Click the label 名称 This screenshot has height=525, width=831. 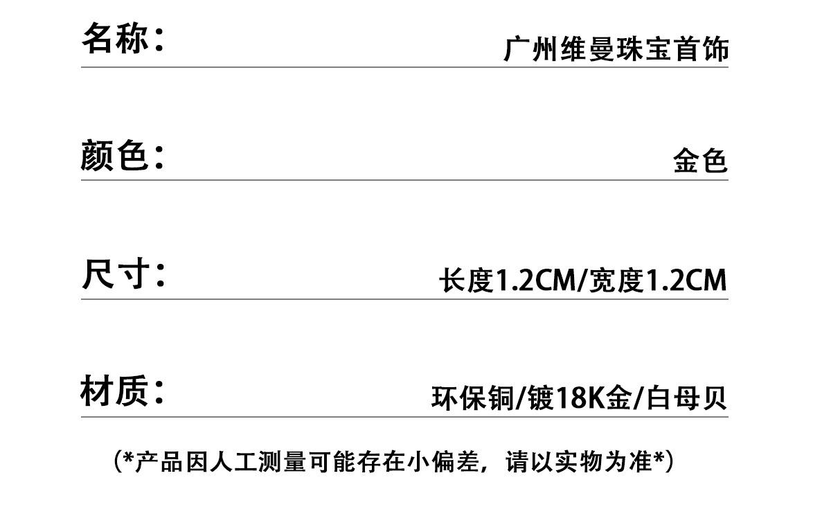115,37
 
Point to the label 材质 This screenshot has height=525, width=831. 114,391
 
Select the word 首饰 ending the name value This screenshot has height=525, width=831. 701,49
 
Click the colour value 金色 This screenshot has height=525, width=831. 700,160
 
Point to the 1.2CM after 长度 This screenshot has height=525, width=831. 535,281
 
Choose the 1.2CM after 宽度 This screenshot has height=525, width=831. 686,281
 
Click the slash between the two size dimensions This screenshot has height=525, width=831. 582,281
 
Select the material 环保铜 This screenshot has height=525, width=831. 472,398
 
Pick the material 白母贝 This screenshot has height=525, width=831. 686,398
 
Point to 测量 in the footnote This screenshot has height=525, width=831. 283,462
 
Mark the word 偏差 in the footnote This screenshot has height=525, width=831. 456,462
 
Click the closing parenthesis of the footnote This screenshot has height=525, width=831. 668,462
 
